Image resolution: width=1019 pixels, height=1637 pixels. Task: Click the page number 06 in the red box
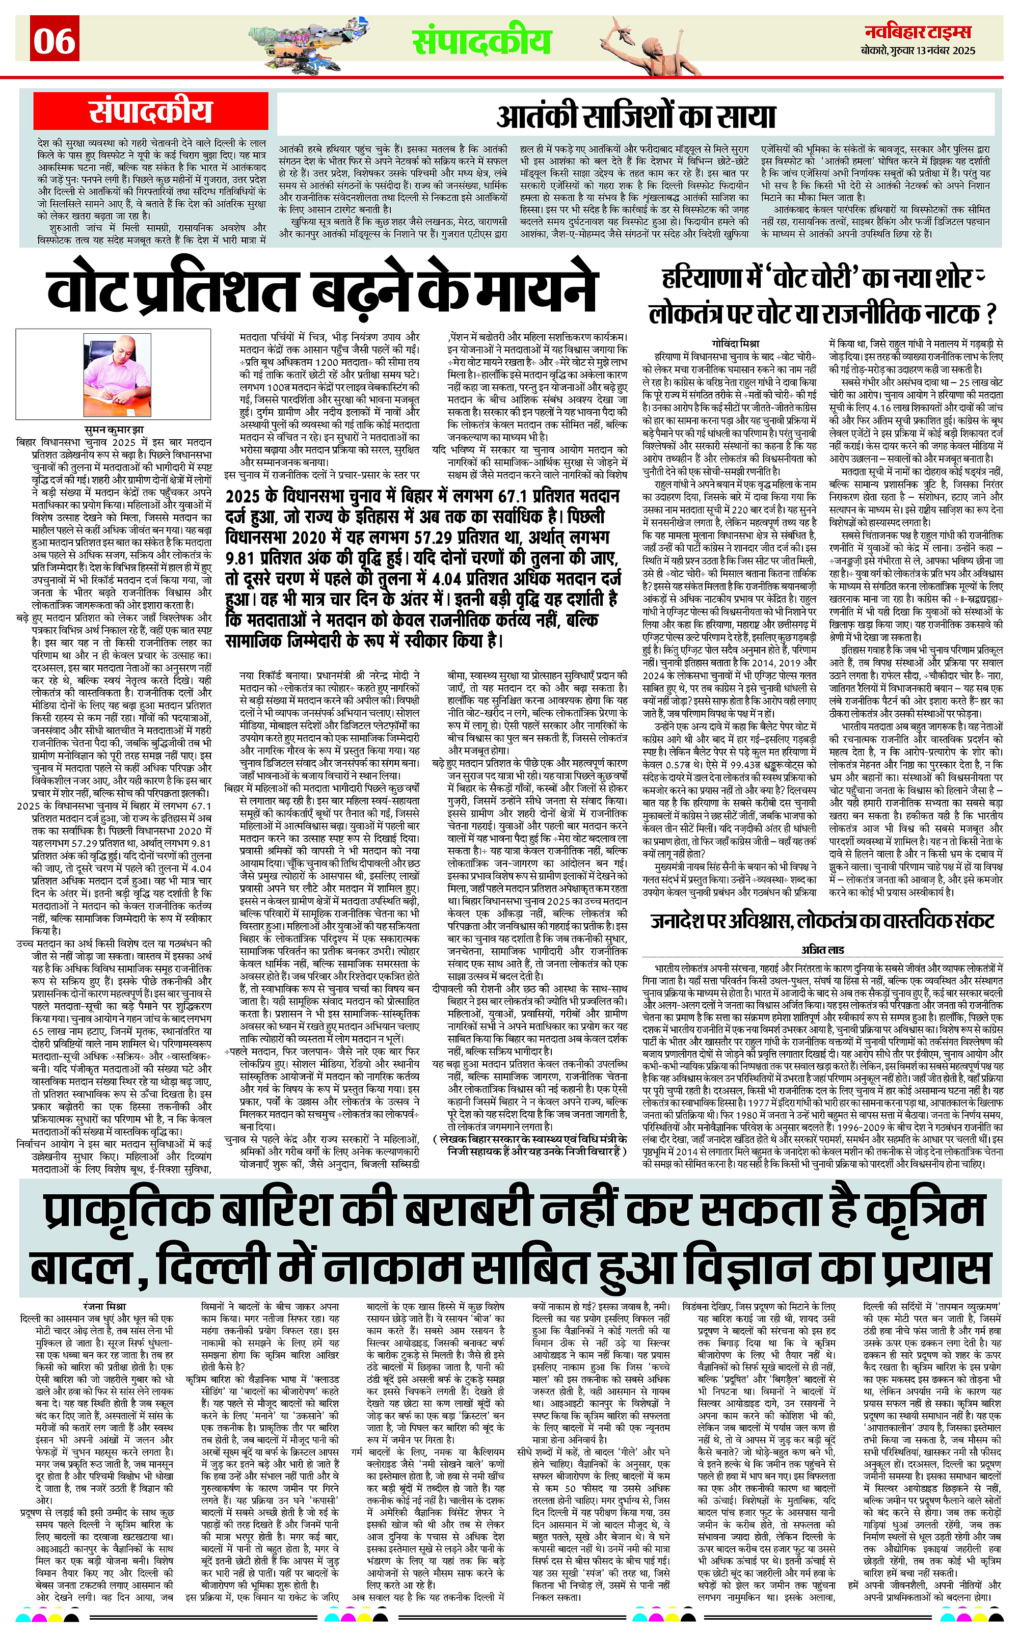[55, 40]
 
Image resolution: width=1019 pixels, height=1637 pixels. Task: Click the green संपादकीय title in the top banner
[482, 42]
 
